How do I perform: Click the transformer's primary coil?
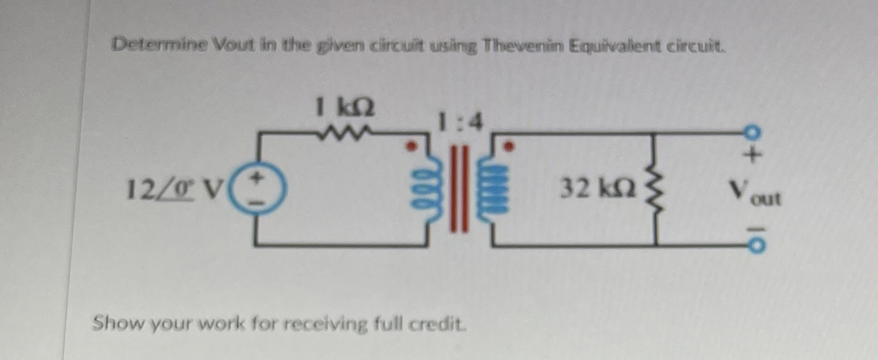point(432,192)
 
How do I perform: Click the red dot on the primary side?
point(411,147)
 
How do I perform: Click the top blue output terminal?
point(752,133)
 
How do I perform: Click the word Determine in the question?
point(160,45)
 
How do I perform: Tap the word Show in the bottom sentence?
point(117,323)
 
